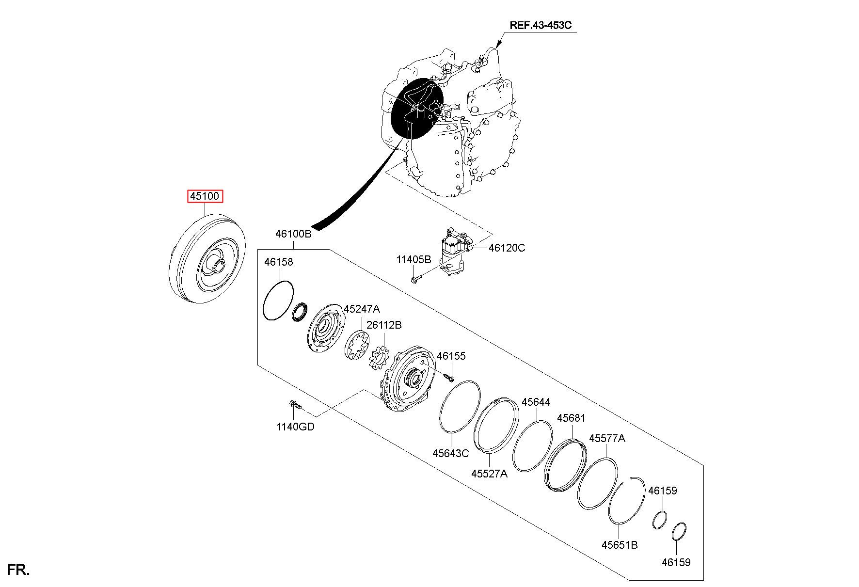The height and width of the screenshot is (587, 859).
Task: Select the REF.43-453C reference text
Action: pyautogui.click(x=543, y=25)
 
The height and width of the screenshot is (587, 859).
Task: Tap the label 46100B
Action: pyautogui.click(x=293, y=234)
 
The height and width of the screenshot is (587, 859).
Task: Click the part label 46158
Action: pyautogui.click(x=278, y=262)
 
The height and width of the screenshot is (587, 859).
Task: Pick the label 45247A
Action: pyautogui.click(x=362, y=309)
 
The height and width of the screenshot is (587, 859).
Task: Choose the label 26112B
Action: pyautogui.click(x=384, y=325)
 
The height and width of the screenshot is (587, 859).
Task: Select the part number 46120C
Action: pyautogui.click(x=507, y=248)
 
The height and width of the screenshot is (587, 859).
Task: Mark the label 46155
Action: pyautogui.click(x=451, y=356)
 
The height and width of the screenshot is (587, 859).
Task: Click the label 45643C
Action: pyautogui.click(x=451, y=453)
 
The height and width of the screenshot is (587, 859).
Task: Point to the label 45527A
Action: pyautogui.click(x=489, y=474)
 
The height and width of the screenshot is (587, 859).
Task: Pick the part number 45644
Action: pyautogui.click(x=536, y=402)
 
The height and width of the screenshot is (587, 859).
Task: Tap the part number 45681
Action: pyautogui.click(x=571, y=418)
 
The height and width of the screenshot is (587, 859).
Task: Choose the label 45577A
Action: pyautogui.click(x=607, y=439)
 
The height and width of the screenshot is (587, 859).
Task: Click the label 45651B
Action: pyautogui.click(x=620, y=545)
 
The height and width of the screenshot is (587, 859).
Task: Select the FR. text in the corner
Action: pyautogui.click(x=18, y=570)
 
